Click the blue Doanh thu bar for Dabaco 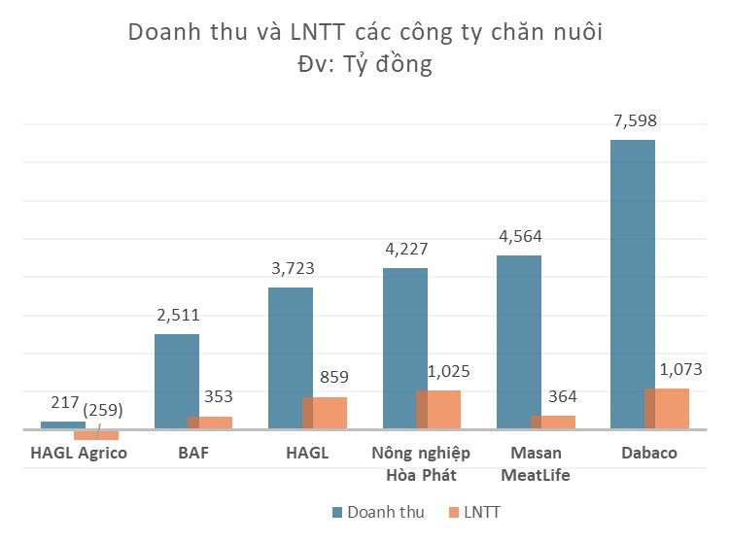pyautogui.click(x=632, y=282)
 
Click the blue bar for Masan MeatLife pyautogui.click(x=518, y=340)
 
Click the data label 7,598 pyautogui.click(x=632, y=121)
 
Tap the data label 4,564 pyautogui.click(x=519, y=236)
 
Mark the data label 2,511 pyautogui.click(x=177, y=315)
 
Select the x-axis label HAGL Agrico pyautogui.click(x=79, y=454)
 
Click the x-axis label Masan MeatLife pyautogui.click(x=536, y=464)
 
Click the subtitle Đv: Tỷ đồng pyautogui.click(x=364, y=67)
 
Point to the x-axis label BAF pyautogui.click(x=193, y=454)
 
